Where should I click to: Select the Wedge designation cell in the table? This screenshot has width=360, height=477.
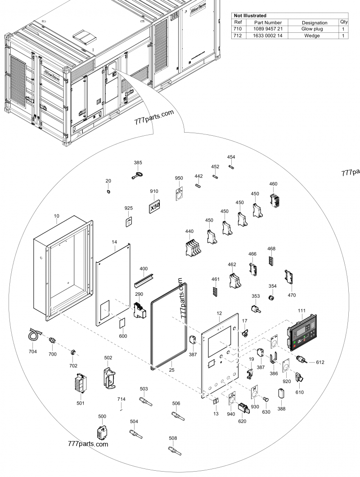point(315,36)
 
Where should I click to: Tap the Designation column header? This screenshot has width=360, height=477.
point(315,22)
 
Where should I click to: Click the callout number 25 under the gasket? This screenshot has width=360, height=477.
point(171,370)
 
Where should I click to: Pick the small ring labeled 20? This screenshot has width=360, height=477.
point(108,192)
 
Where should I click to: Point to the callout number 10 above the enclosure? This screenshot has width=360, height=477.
point(57,216)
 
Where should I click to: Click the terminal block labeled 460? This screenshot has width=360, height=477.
point(274,200)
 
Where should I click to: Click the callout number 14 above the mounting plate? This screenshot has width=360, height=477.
point(115,241)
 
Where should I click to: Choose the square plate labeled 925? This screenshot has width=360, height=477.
point(129,222)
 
